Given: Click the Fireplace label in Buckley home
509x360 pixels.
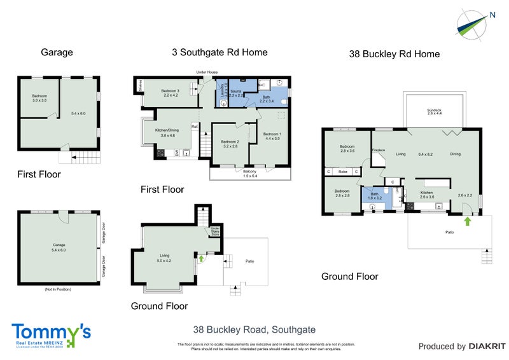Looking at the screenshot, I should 379,150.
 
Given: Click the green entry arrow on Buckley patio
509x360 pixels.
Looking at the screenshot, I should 468,221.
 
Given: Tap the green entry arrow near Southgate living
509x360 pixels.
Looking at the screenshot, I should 201,258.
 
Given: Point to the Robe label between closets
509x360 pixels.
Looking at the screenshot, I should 342,172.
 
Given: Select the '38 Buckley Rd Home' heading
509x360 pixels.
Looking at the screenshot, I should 394,54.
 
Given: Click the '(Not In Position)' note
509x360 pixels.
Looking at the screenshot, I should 58,289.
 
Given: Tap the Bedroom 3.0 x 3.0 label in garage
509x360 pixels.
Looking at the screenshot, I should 40,98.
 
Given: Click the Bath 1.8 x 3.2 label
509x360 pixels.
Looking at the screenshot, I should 375,196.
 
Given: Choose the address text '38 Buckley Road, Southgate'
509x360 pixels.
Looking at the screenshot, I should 254,329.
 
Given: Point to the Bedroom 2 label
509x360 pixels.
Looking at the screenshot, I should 230,143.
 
